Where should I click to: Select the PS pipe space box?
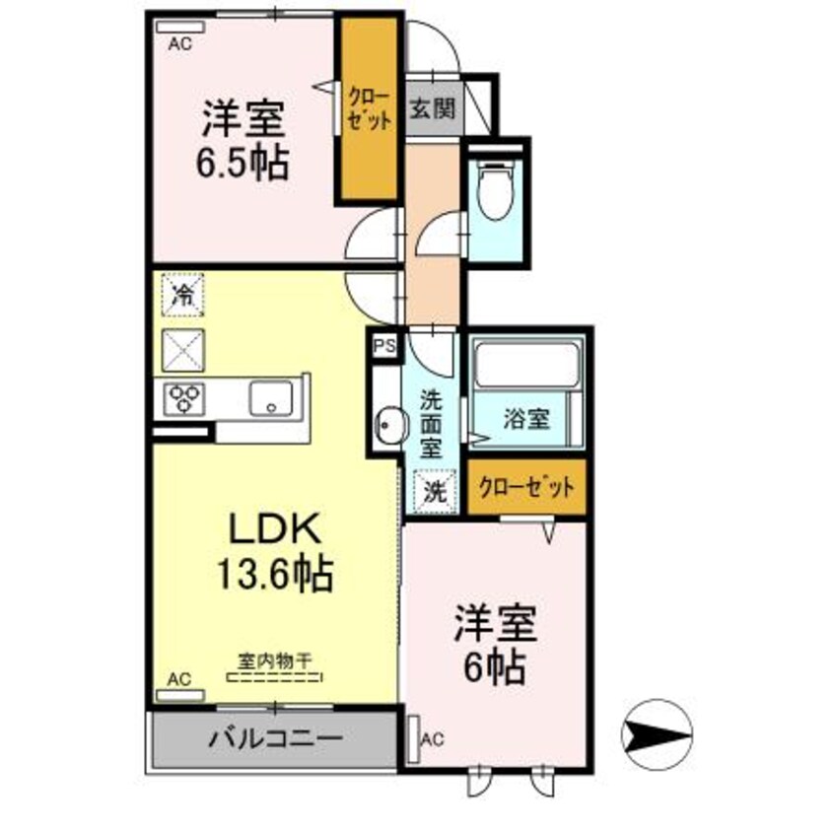tap(383, 346)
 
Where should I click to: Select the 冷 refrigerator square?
tap(183, 293)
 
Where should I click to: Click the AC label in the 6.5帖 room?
tap(179, 42)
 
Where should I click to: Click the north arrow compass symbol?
tap(657, 733)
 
